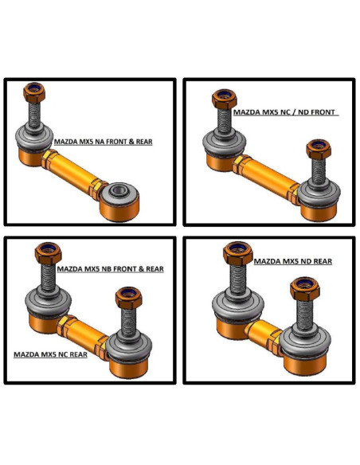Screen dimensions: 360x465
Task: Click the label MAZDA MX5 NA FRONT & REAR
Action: (104, 142)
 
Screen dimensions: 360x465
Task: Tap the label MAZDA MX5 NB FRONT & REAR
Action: (111, 269)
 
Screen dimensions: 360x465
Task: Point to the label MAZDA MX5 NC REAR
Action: (50, 354)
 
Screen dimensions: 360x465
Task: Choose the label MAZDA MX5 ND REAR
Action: (293, 261)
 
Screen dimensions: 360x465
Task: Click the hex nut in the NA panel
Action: (34, 92)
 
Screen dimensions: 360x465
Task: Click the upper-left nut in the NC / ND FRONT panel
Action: (225, 99)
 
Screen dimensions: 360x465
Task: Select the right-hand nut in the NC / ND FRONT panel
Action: (319, 149)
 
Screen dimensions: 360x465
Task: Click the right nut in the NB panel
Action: (129, 298)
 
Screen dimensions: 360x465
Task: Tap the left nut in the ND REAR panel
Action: (238, 253)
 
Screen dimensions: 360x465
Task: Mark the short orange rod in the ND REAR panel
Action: (264, 335)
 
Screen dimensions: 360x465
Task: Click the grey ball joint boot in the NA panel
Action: (34, 137)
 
